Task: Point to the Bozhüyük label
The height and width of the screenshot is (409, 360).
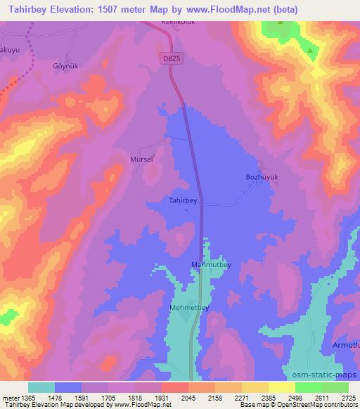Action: coord(262,177)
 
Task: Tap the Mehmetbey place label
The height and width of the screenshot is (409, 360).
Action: coord(189,308)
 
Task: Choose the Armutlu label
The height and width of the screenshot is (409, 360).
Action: coord(345,346)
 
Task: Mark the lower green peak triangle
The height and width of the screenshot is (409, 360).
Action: coord(309,50)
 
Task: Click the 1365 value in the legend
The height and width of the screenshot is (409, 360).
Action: coord(28,398)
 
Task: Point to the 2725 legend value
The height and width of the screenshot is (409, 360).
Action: coord(349,398)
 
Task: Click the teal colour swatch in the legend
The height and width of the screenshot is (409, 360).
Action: coord(41,387)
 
